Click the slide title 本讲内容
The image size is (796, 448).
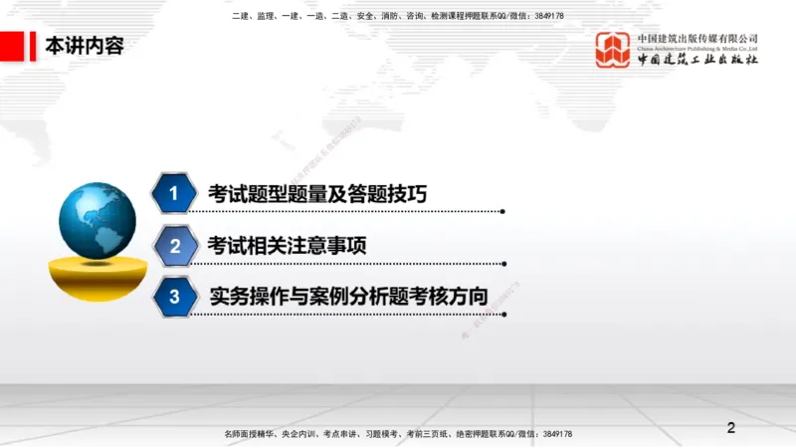85,45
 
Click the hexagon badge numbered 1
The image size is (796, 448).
174,194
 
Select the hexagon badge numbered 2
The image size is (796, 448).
174,246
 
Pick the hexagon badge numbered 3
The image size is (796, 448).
174,296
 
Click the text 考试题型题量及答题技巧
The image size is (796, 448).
317,194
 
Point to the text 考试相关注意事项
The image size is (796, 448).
288,245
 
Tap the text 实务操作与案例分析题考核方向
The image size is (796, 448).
348,296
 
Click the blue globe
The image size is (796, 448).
98,220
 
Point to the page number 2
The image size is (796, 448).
731,428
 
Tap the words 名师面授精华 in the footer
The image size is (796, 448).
248,434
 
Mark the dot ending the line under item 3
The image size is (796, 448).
502,314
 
